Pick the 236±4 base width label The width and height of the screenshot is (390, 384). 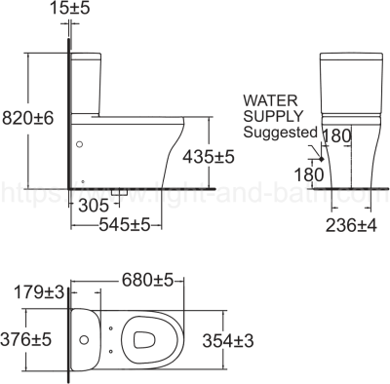(x=351, y=224)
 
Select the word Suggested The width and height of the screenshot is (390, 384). (x=280, y=132)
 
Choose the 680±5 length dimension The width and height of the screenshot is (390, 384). (x=145, y=280)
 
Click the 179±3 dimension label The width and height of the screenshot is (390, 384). (x=40, y=291)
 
